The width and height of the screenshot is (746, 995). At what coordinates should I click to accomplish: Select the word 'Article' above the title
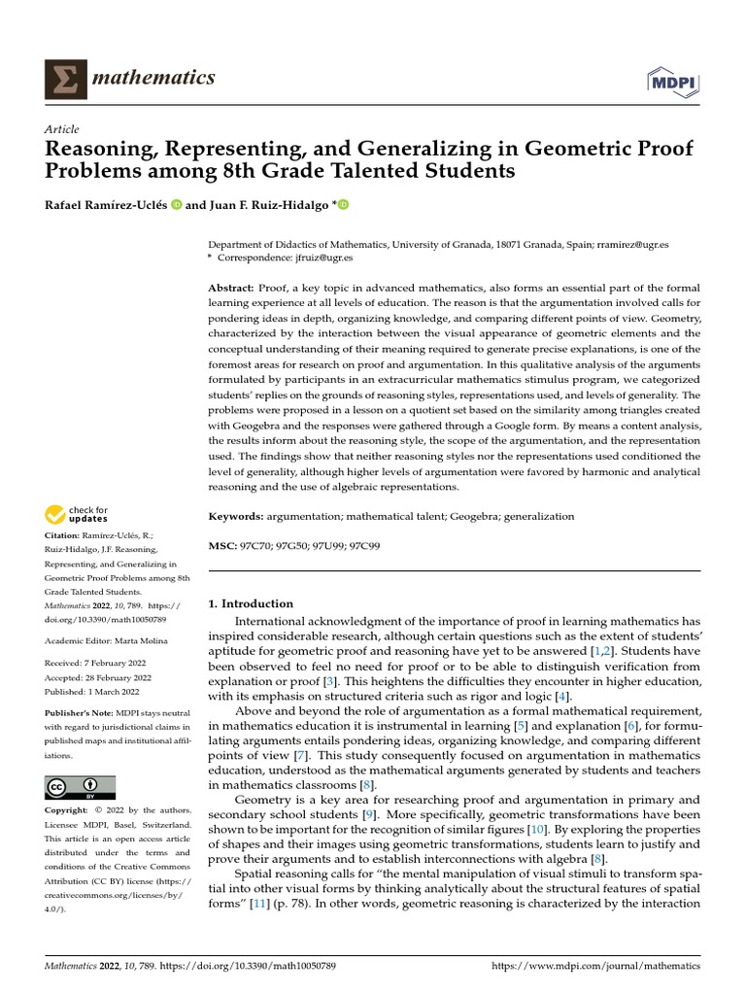click(62, 129)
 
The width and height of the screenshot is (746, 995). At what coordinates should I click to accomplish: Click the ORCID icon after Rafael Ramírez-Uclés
click(177, 205)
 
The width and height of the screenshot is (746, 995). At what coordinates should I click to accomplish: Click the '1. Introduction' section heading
click(252, 603)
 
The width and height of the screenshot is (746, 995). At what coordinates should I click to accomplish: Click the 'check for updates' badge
click(77, 514)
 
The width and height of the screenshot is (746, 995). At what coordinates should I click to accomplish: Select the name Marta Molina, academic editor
click(144, 639)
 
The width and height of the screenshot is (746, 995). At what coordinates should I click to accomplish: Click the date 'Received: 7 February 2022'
click(103, 663)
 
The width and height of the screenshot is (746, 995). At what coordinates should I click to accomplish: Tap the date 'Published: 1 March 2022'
click(97, 690)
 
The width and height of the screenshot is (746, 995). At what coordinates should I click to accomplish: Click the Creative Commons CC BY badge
click(81, 786)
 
